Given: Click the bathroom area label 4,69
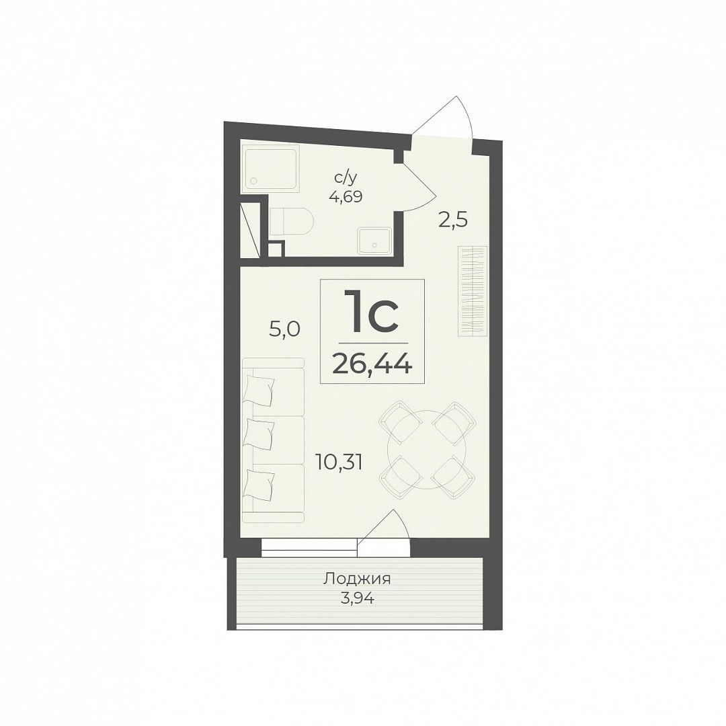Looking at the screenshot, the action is (346, 197).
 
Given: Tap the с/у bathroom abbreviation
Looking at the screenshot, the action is (346, 177).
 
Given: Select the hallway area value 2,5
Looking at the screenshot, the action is (453, 220).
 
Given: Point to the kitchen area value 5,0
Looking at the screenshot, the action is (285, 330).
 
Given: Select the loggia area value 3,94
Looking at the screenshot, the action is (357, 599).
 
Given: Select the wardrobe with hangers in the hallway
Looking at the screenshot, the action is (473, 291).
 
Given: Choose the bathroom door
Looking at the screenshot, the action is (419, 186).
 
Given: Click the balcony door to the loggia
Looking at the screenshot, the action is (383, 532).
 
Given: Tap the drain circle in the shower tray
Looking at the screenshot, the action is (253, 181).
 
